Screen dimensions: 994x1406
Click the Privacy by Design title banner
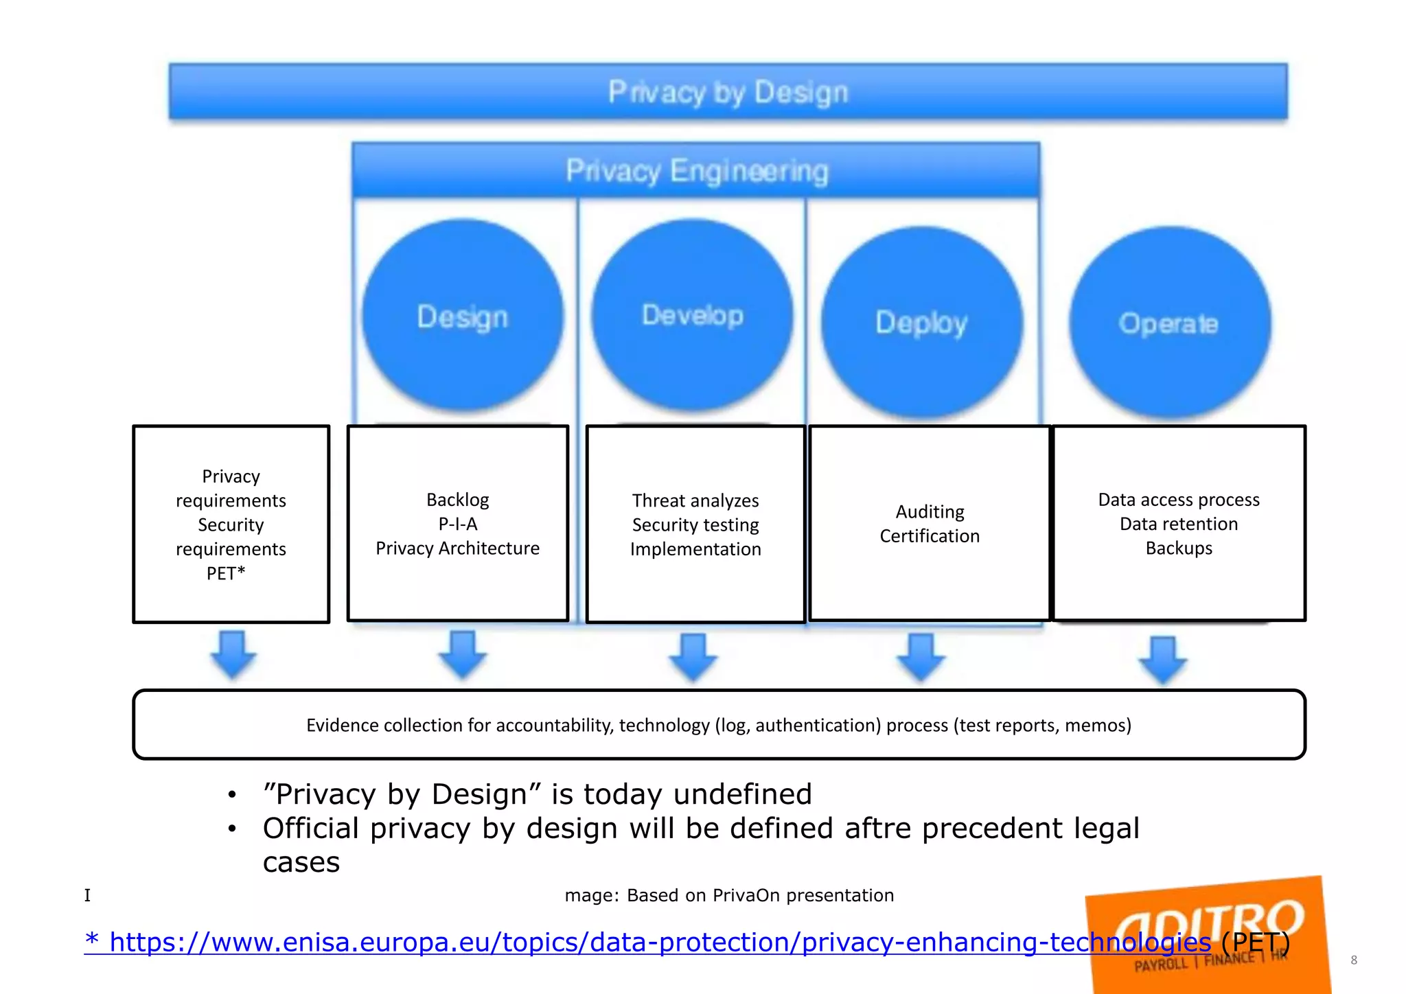point(728,91)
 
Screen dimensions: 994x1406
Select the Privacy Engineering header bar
point(696,170)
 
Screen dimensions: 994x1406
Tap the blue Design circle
point(463,316)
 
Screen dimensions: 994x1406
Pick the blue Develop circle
point(692,315)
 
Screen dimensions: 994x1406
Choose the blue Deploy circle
point(921,323)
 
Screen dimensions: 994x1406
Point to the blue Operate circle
point(1168,323)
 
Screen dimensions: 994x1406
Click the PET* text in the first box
point(226,573)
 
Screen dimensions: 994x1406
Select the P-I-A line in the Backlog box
point(458,524)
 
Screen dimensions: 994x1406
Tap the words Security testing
point(695,525)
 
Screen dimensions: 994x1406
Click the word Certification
point(930,536)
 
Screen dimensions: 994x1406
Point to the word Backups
point(1179,548)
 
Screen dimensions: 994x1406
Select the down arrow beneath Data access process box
point(1162,660)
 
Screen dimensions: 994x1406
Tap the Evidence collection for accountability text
point(718,725)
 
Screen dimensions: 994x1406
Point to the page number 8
point(1353,960)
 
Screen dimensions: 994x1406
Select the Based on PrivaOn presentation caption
point(760,895)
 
